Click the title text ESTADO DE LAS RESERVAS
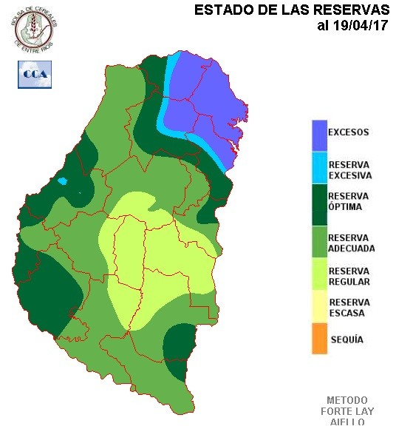coord(291,10)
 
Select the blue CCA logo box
coord(35,74)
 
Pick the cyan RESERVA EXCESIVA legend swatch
coord(319,169)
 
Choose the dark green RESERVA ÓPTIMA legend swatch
coord(319,203)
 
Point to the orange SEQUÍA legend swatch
coord(319,340)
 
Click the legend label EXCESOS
coord(348,133)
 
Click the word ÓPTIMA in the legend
coord(345,207)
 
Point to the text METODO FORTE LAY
coord(346,405)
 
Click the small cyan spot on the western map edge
coord(63,181)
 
